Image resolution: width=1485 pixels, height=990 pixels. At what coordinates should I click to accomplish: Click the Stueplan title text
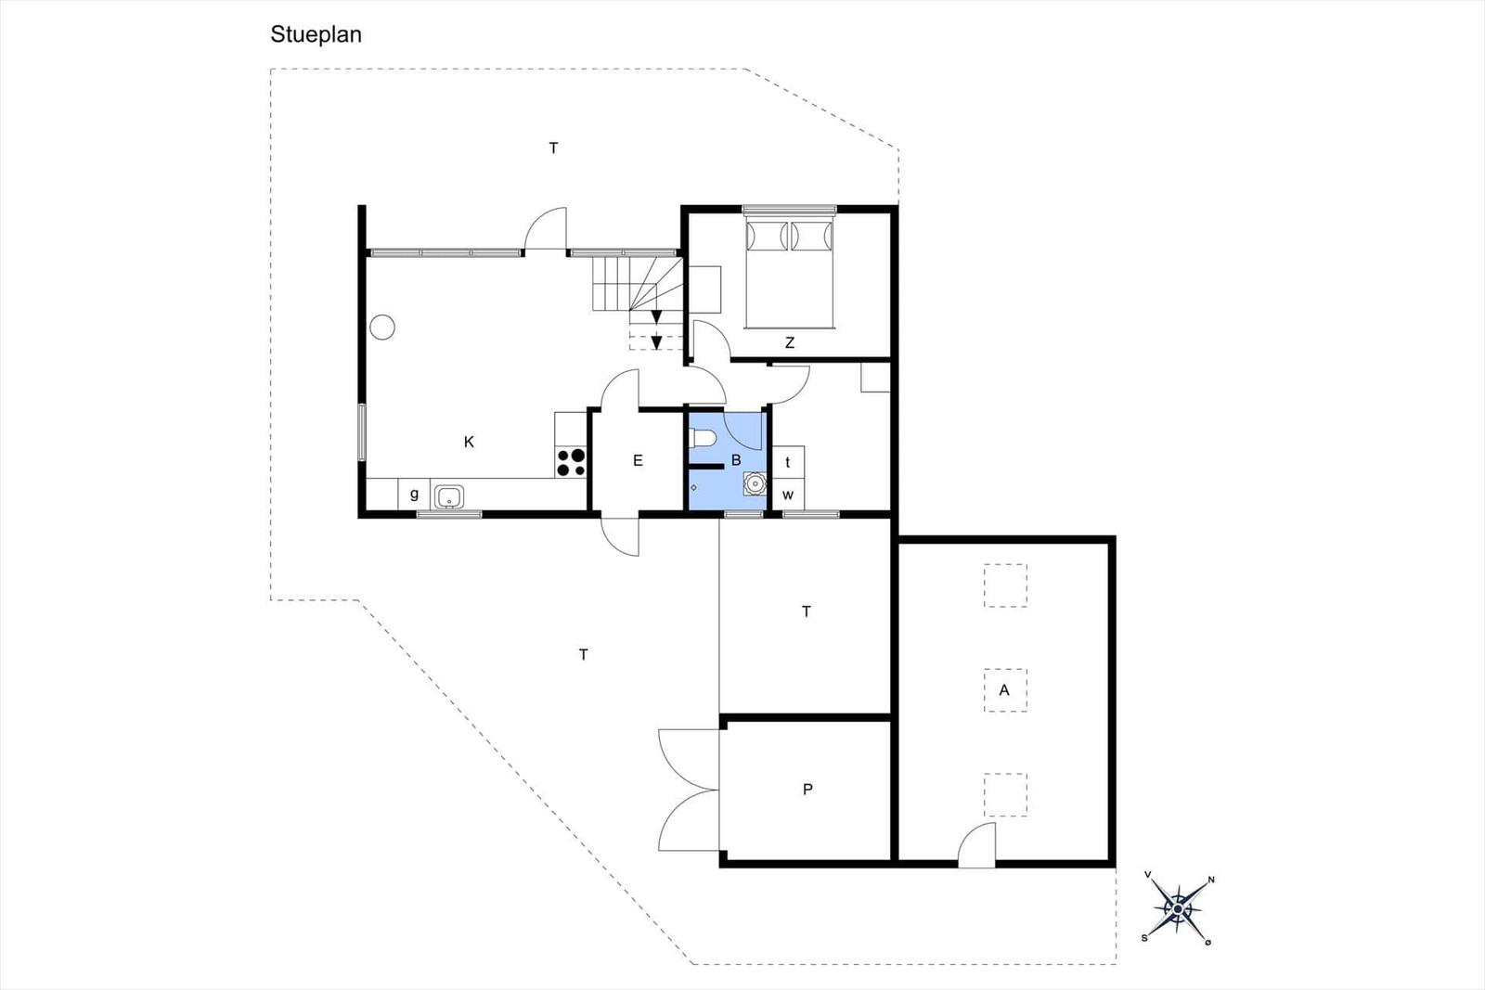click(x=316, y=34)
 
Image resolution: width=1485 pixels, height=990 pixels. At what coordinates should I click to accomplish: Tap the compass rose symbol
click(x=1178, y=909)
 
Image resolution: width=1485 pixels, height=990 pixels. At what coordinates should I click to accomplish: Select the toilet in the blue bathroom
click(x=702, y=439)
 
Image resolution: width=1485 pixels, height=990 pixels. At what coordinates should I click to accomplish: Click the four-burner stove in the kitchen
click(x=571, y=462)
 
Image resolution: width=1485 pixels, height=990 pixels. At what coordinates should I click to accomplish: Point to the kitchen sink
click(x=449, y=496)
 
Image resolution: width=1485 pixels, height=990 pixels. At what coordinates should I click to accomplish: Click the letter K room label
click(x=469, y=442)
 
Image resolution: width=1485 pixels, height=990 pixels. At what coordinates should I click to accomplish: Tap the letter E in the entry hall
click(x=638, y=460)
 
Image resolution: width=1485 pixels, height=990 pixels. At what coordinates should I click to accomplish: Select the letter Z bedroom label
click(x=790, y=342)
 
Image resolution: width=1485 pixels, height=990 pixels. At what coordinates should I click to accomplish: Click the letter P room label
click(x=807, y=790)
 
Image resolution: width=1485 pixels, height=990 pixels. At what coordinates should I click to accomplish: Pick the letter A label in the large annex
click(x=1004, y=689)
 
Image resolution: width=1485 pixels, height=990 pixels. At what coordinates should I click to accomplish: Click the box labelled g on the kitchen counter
click(x=414, y=495)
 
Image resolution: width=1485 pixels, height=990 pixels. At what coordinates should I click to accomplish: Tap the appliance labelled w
click(x=788, y=495)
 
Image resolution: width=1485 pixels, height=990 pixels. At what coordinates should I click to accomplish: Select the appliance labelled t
click(x=788, y=462)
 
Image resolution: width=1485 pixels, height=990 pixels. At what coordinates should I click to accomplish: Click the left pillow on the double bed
click(x=767, y=237)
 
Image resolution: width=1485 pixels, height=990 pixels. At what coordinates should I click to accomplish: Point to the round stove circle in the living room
click(x=382, y=328)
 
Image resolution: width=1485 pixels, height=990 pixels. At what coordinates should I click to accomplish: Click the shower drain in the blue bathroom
click(x=693, y=488)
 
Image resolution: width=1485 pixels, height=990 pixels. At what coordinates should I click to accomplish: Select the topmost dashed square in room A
click(x=1005, y=585)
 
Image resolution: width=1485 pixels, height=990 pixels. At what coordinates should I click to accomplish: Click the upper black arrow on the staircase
click(x=656, y=317)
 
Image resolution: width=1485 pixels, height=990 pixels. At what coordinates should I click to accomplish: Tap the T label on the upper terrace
click(x=553, y=148)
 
